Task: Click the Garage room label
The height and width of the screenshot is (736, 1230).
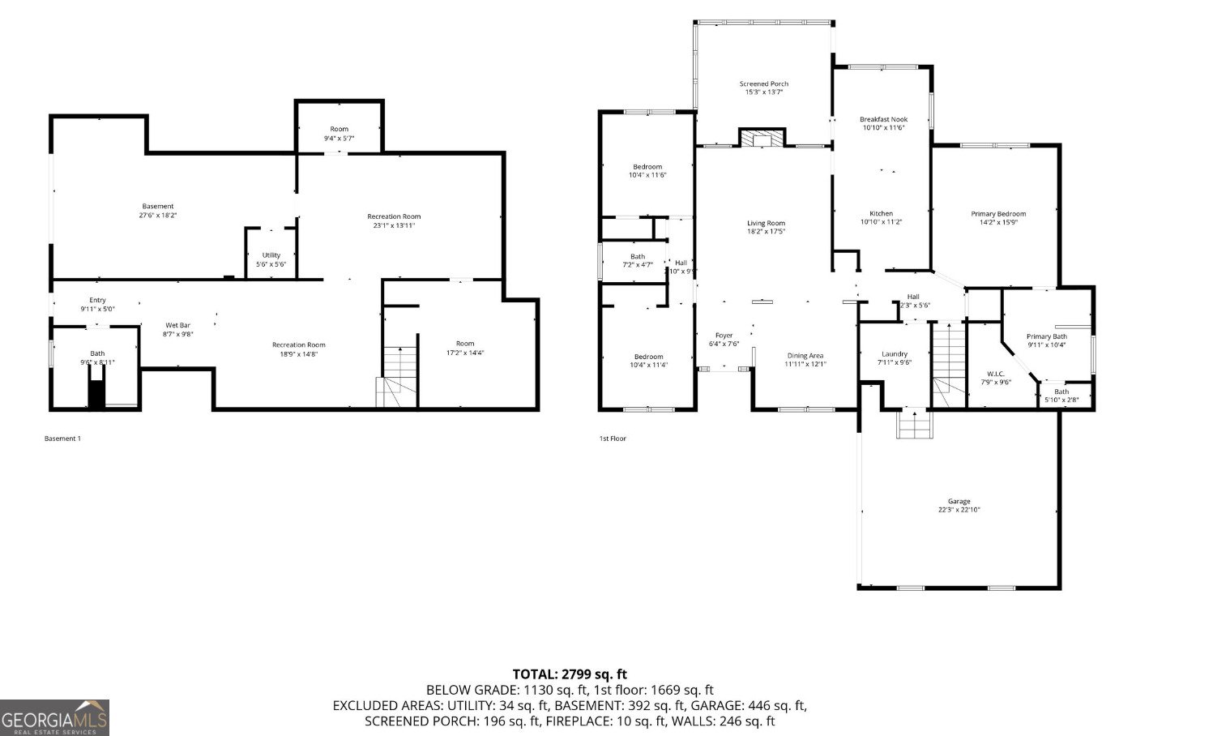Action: click(959, 501)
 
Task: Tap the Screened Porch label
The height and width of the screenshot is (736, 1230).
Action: click(763, 83)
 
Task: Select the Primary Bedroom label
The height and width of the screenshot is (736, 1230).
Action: click(998, 214)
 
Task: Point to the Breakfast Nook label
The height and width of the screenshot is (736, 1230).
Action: click(883, 119)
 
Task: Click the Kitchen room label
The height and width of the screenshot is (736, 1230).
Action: click(881, 214)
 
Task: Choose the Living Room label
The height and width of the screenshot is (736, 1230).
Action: click(766, 223)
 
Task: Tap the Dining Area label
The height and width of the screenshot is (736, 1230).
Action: click(805, 355)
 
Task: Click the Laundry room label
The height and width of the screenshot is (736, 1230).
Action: click(894, 354)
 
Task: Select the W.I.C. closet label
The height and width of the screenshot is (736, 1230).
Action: click(995, 374)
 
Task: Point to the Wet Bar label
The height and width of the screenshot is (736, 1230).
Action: click(178, 325)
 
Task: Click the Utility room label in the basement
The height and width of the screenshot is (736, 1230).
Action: click(271, 255)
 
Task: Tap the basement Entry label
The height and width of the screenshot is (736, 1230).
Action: click(97, 300)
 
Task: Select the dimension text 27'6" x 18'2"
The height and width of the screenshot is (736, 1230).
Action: click(158, 216)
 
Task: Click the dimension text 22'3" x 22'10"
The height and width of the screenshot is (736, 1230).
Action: click(959, 510)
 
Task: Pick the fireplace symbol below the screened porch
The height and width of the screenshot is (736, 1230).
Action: click(762, 139)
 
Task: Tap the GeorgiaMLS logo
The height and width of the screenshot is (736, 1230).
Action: click(54, 717)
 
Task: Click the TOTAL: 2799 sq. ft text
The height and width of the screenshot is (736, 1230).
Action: click(570, 674)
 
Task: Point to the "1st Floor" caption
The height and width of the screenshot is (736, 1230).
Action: click(613, 439)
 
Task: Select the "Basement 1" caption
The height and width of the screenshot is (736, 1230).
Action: click(62, 439)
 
